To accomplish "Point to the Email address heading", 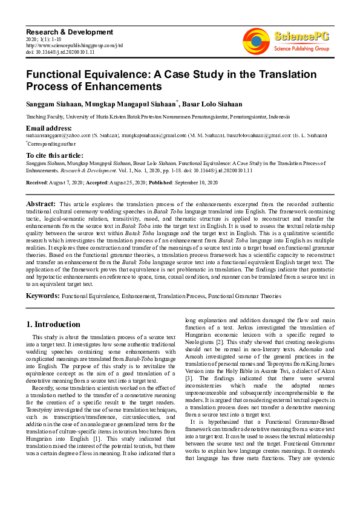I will [49, 128].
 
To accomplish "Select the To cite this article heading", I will [54, 155].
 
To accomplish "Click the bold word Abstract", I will [41, 205].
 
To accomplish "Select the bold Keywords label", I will [42, 296].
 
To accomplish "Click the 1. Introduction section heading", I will [53, 324].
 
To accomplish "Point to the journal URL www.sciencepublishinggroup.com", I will [74, 45].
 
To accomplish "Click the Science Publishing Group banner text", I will [300, 48].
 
